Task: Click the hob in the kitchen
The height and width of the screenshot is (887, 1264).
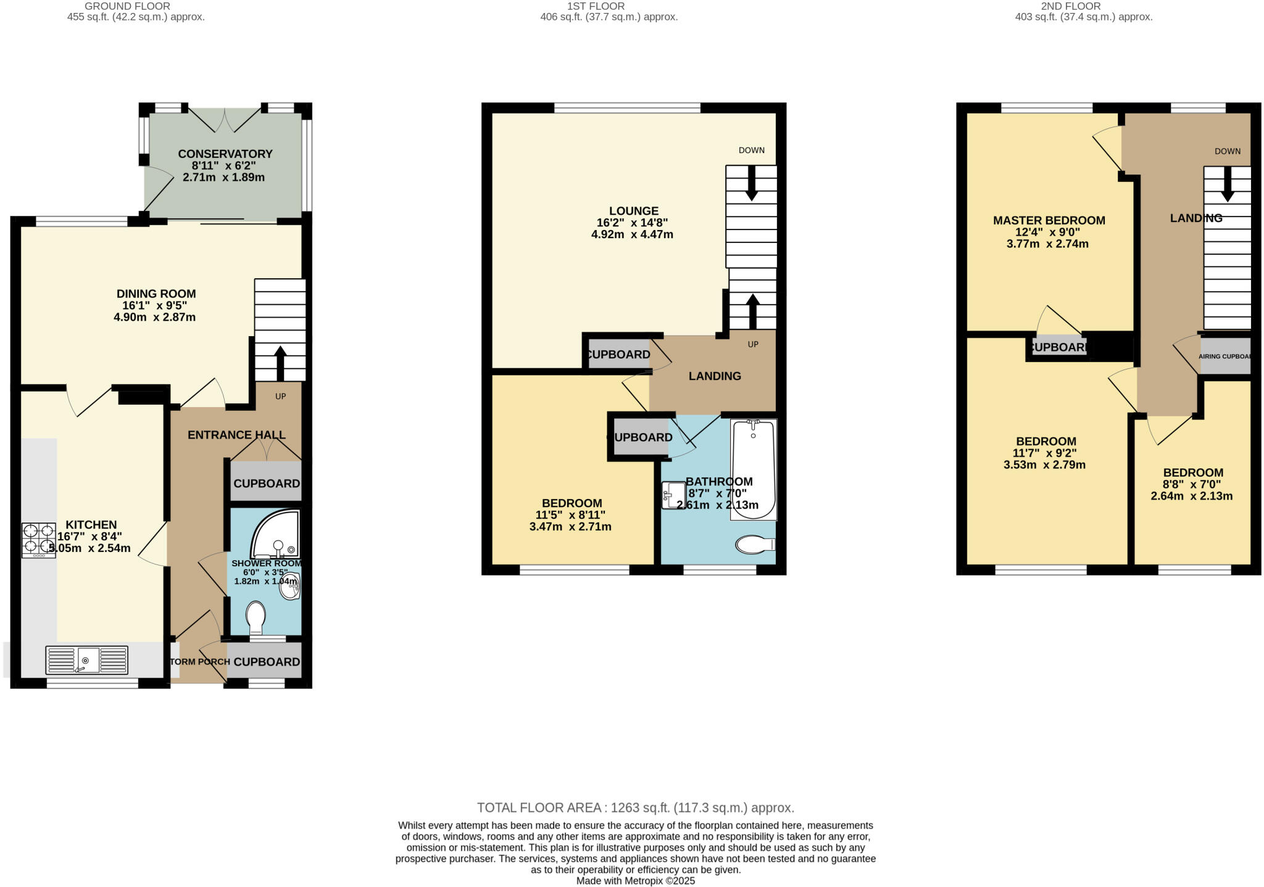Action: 38,540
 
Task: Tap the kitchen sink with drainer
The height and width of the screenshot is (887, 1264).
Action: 86,660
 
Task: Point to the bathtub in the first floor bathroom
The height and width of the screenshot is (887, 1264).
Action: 753,469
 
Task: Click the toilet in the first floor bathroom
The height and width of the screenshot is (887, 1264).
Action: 755,545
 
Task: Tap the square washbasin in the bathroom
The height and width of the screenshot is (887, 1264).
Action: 673,495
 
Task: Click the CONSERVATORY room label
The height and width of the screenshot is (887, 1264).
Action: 225,154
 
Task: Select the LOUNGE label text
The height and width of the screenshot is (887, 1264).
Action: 633,211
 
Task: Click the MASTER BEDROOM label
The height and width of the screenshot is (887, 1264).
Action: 1049,220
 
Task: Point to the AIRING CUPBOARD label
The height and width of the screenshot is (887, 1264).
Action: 1224,357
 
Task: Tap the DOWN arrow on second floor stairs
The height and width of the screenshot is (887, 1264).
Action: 1228,185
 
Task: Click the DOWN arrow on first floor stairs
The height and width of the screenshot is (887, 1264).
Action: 751,183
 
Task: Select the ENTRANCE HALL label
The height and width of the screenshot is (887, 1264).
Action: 236,435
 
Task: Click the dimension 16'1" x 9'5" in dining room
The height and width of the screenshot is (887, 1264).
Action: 154,305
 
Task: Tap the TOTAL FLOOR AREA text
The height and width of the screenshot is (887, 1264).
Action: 635,807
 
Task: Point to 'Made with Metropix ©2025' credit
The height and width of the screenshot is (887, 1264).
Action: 635,881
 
